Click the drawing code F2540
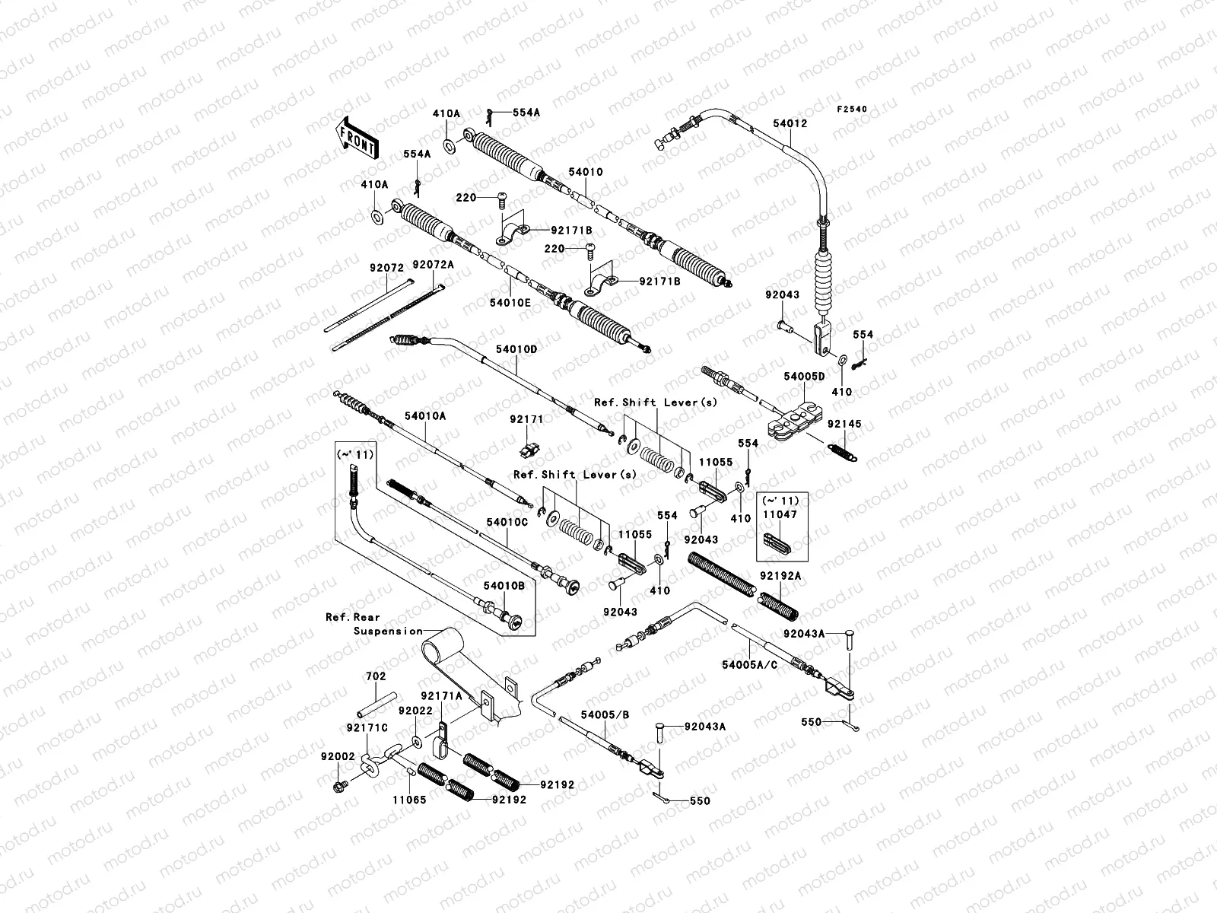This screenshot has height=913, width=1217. (852, 110)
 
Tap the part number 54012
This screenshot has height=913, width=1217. (790, 123)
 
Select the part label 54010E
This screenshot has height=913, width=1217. (510, 302)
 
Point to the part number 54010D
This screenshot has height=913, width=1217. (516, 349)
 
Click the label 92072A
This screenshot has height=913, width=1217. (433, 264)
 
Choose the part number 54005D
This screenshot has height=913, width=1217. (804, 376)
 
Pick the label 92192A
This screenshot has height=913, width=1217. (780, 576)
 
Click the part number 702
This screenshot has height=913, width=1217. (376, 676)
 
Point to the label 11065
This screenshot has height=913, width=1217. (409, 800)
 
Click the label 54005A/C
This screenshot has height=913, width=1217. (750, 664)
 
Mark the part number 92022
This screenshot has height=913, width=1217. (415, 711)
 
